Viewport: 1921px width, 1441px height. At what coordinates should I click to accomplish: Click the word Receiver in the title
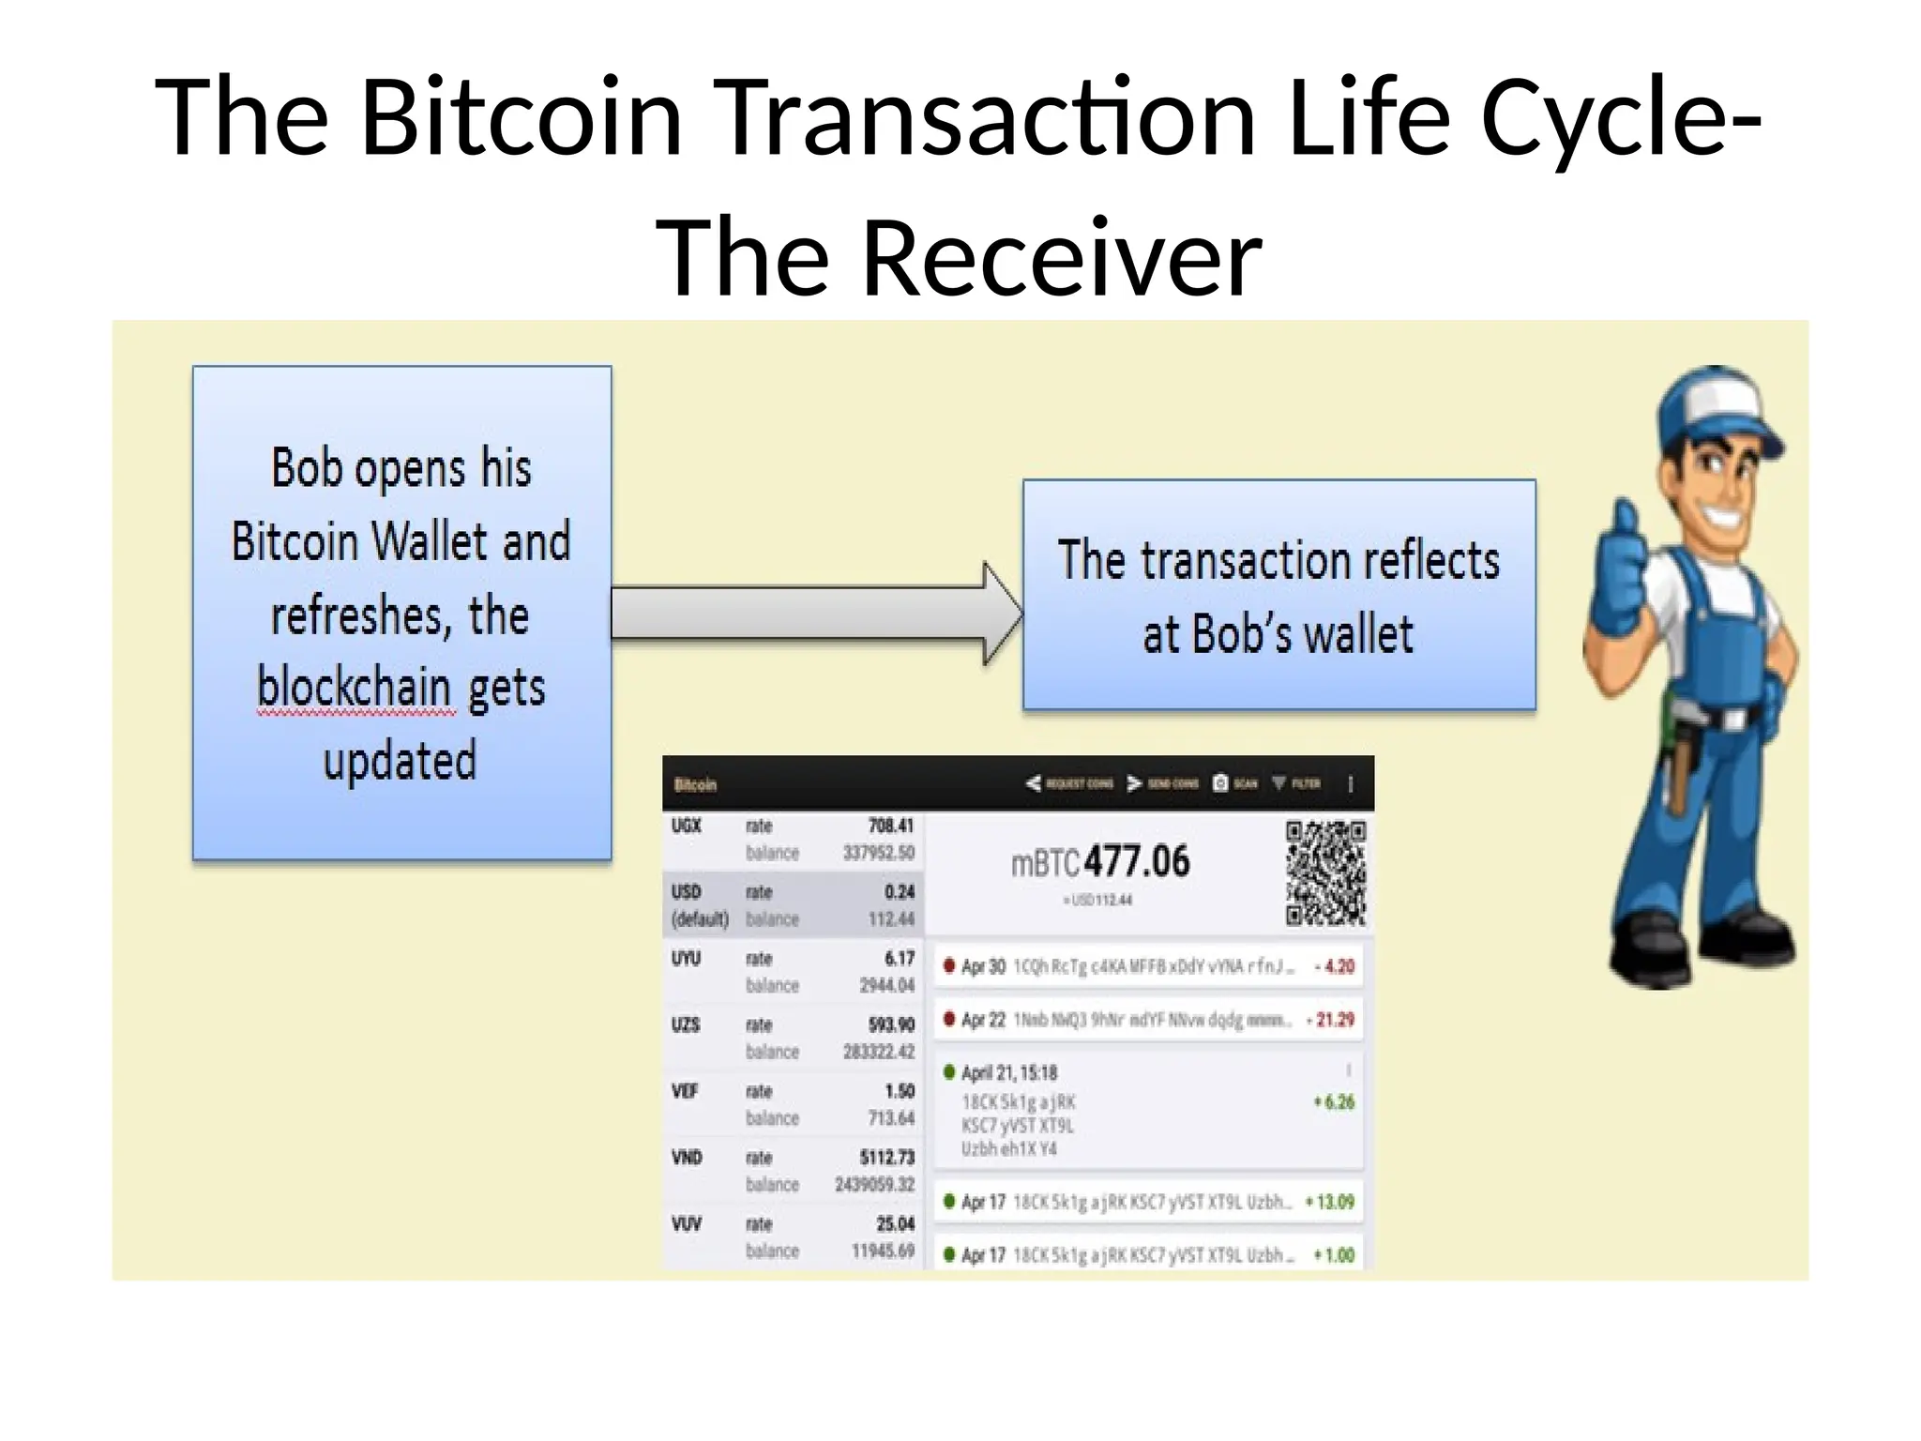click(1062, 257)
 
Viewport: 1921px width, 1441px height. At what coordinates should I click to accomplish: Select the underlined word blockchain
click(355, 688)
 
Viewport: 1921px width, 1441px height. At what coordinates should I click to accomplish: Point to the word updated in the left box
click(401, 761)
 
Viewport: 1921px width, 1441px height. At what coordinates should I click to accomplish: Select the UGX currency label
click(687, 827)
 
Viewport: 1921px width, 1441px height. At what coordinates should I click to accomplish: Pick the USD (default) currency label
click(699, 905)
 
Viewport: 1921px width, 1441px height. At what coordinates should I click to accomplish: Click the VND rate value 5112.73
click(886, 1158)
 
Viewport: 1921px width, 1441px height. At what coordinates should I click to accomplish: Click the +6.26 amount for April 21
click(1334, 1102)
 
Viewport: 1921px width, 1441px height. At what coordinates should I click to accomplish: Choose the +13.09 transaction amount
click(1330, 1202)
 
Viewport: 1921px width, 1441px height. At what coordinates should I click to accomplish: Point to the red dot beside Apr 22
click(949, 1019)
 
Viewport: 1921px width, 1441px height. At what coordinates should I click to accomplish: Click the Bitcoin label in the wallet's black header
click(695, 784)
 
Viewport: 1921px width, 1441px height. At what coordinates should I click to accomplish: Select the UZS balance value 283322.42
click(878, 1052)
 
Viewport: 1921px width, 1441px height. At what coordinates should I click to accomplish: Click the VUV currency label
click(687, 1224)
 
